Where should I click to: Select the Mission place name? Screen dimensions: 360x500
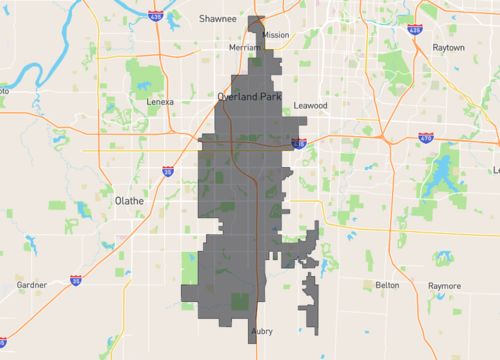[275, 34]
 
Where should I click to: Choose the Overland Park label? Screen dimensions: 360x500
[250, 96]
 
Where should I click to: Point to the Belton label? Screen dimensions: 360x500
[387, 285]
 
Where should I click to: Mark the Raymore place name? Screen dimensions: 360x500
[445, 285]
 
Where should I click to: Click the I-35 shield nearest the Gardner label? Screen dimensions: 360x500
[76, 281]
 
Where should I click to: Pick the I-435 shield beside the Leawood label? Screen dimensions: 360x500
[299, 144]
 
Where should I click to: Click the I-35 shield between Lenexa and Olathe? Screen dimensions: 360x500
[166, 173]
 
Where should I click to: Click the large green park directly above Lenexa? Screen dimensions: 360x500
[150, 77]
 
